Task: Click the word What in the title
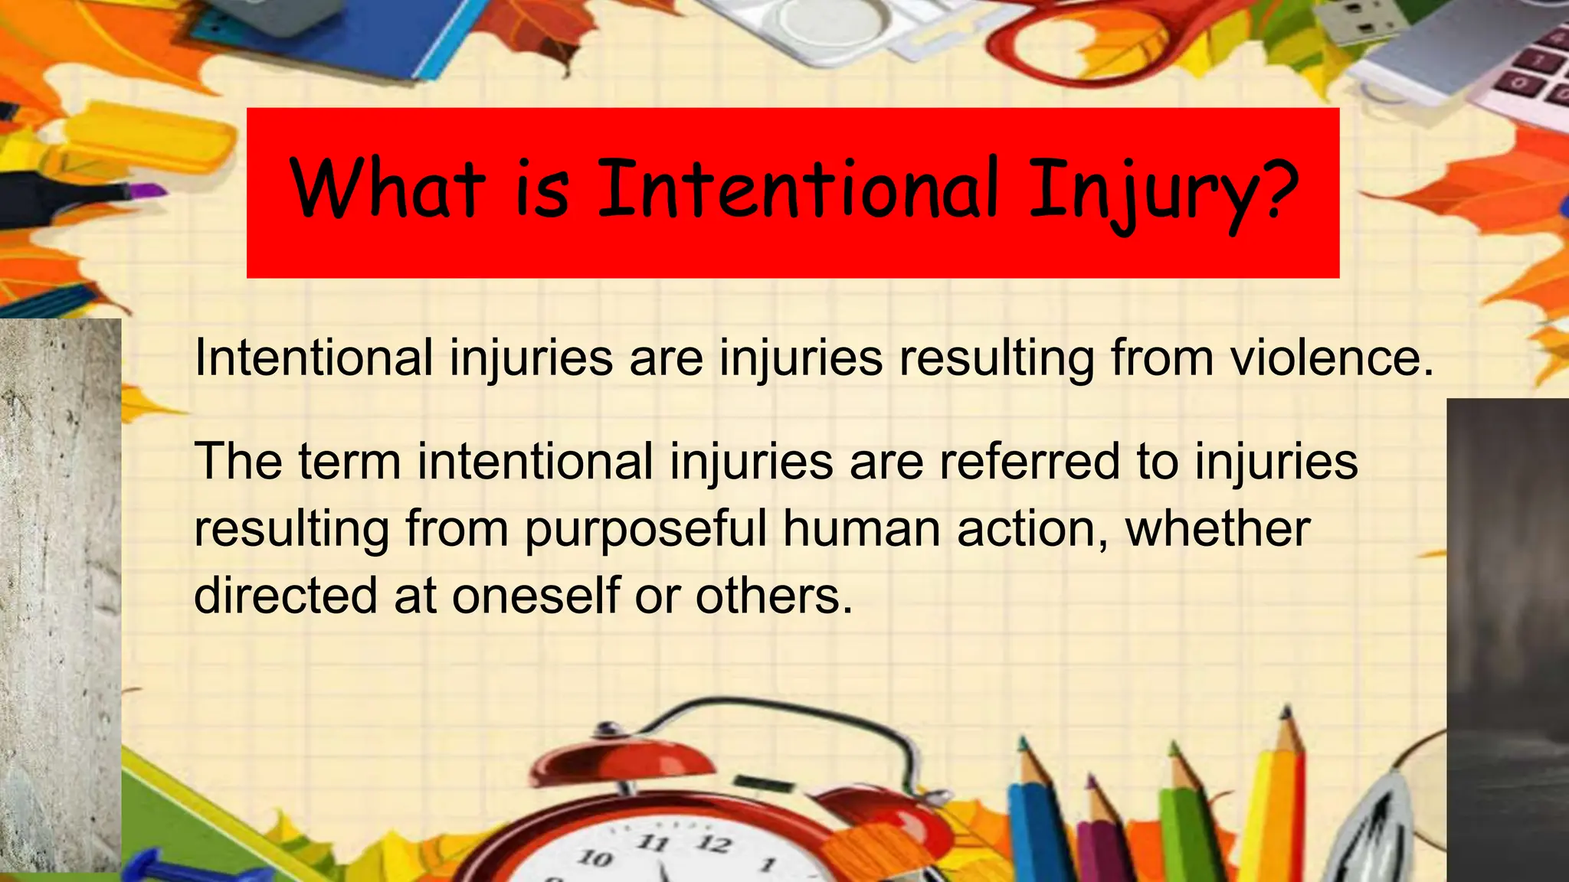point(387,188)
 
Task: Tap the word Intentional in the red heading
point(797,188)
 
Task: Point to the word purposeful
point(646,530)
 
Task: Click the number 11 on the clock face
point(653,843)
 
